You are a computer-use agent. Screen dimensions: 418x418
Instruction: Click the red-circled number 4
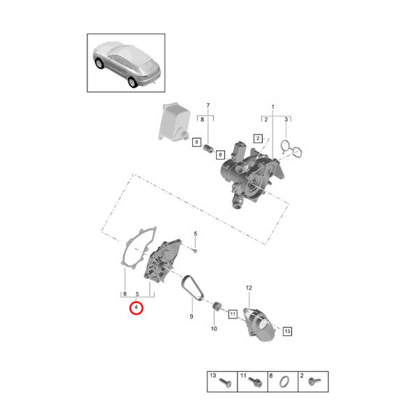tap(137, 308)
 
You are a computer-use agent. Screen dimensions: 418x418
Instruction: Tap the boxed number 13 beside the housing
tap(287, 331)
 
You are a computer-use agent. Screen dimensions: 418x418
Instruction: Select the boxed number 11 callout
tap(233, 314)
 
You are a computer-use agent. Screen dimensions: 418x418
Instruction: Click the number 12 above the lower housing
tap(249, 288)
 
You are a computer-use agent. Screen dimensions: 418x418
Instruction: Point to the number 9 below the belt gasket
tap(192, 317)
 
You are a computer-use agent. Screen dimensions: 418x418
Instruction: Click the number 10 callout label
tap(214, 329)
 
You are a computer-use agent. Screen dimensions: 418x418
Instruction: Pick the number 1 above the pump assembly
tap(272, 107)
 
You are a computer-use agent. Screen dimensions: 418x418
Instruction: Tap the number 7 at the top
tap(208, 106)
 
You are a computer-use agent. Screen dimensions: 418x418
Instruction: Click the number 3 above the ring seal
tap(286, 119)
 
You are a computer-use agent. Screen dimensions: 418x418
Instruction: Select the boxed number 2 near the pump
tap(258, 139)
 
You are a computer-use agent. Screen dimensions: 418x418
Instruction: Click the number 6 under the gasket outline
tap(125, 294)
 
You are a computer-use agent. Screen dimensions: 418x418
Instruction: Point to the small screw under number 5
tap(195, 251)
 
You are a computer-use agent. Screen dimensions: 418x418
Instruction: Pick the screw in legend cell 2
tap(314, 382)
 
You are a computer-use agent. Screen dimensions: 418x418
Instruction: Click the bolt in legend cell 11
tap(256, 382)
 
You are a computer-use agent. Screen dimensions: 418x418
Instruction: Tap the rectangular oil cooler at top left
tap(173, 122)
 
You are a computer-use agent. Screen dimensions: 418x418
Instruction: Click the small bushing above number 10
tap(217, 307)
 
